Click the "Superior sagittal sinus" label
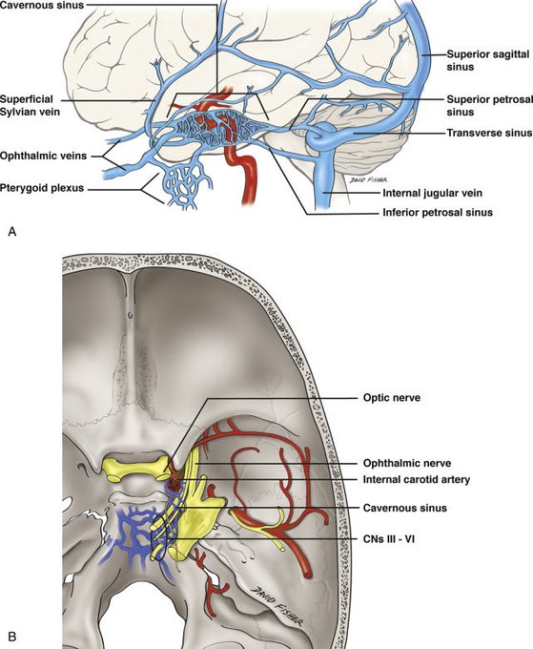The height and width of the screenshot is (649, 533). (x=487, y=60)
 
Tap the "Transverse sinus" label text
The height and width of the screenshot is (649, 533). (x=489, y=133)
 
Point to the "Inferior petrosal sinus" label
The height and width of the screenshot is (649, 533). (x=438, y=212)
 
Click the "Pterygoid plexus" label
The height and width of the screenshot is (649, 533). (x=42, y=188)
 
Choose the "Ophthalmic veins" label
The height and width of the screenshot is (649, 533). (x=44, y=156)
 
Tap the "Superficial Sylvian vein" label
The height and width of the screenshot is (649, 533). (x=30, y=105)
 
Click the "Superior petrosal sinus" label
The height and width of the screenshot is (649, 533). (x=489, y=106)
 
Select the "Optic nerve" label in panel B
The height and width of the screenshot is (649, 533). (x=392, y=398)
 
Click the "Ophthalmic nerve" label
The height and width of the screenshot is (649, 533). (x=407, y=463)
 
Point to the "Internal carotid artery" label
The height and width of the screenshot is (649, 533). (x=417, y=479)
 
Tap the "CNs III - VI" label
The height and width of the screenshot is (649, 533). (x=389, y=539)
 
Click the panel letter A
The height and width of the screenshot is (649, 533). (x=12, y=232)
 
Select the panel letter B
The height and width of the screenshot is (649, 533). (x=12, y=636)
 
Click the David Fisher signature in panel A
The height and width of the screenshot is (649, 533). (x=369, y=179)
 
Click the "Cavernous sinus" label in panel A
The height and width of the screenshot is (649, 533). (x=42, y=5)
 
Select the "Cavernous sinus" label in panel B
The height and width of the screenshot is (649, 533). (x=405, y=508)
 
